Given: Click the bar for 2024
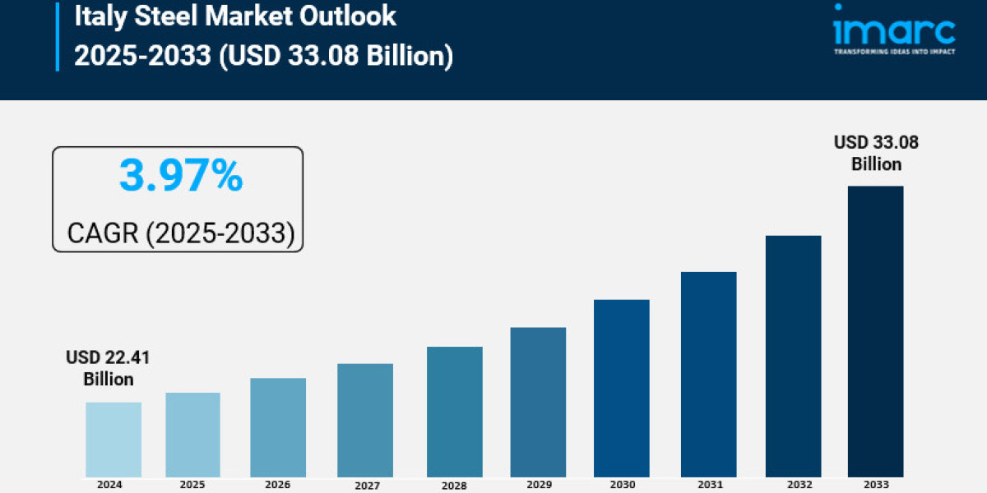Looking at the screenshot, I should click(114, 440).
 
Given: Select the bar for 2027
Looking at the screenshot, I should click(365, 420).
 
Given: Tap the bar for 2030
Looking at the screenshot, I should click(621, 388).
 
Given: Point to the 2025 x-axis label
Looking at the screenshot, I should click(193, 484).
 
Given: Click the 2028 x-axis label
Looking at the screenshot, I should click(455, 485).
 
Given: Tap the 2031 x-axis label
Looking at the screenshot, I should click(708, 484).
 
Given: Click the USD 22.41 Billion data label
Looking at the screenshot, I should click(109, 368).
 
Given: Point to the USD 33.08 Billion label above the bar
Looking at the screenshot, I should click(876, 153).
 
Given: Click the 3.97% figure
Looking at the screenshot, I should click(181, 176).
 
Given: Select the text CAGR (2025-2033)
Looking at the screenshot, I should click(180, 233).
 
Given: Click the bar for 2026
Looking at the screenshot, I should click(278, 427).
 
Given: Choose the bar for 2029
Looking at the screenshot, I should click(538, 402).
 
